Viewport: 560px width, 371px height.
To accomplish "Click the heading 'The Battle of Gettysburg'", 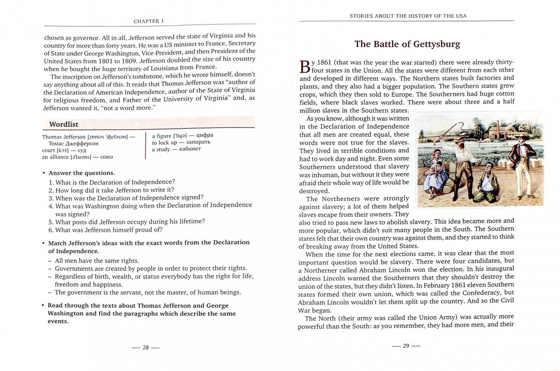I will (407, 44).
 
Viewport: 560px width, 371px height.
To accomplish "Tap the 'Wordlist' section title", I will (63, 124).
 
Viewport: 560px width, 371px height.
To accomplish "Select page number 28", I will (145, 348).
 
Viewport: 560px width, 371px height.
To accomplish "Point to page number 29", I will (406, 346).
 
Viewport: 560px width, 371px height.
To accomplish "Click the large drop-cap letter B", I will (305, 67).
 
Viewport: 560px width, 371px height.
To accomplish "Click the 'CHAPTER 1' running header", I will (149, 21).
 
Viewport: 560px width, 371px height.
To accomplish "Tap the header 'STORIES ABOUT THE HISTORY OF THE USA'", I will (408, 16).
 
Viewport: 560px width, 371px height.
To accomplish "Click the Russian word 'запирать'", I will (198, 142).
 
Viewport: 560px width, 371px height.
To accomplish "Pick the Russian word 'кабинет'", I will (190, 149).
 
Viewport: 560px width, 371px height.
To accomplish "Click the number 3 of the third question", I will (50, 198).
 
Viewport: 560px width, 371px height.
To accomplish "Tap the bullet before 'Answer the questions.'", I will (44, 173).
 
